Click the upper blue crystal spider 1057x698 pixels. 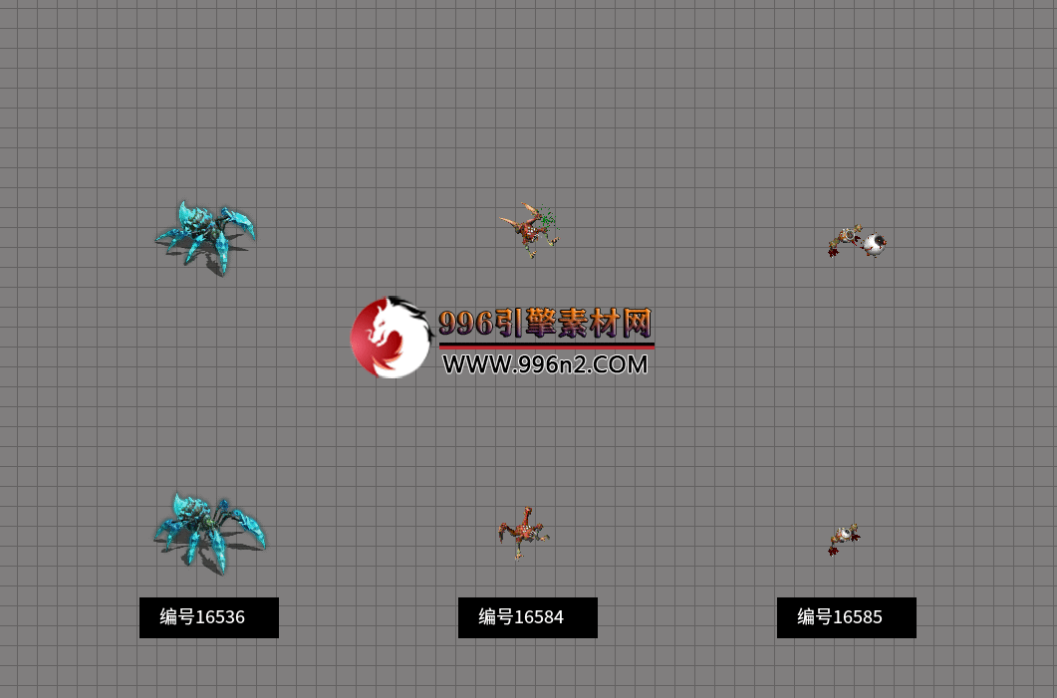pos(206,236)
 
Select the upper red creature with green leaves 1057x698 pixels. pos(530,230)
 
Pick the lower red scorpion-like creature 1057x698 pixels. pos(522,533)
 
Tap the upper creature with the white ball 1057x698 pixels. pos(856,241)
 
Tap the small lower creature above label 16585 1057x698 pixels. pos(844,538)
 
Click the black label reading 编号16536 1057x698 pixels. pos(209,617)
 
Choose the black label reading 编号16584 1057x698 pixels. pos(528,617)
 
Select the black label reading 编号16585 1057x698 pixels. pos(847,617)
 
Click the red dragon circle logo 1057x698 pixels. pos(392,338)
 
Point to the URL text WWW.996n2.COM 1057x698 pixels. pos(545,364)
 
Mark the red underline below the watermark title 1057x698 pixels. pos(546,346)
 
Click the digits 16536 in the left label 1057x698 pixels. pos(220,617)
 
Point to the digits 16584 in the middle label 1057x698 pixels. pos(539,617)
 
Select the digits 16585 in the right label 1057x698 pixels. pos(858,617)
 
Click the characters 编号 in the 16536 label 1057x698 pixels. pos(176,617)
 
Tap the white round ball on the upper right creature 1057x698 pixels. pos(875,243)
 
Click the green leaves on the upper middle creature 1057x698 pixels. pos(546,223)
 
